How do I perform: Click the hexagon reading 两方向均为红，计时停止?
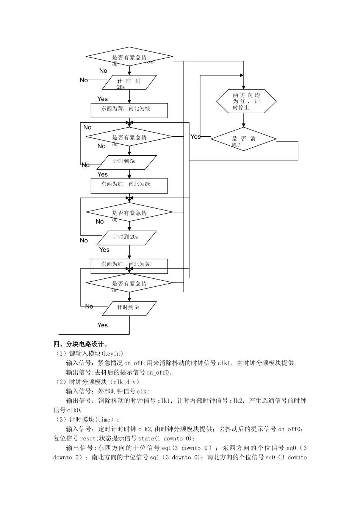(246, 101)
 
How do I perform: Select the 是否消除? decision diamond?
(243, 139)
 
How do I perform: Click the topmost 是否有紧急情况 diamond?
(129, 57)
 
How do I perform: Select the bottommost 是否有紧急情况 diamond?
(129, 283)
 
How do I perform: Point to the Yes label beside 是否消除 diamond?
(196, 137)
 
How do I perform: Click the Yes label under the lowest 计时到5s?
(102, 325)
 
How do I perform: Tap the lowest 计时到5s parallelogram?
(129, 308)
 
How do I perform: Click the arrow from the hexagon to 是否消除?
(244, 120)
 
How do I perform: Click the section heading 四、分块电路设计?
(81, 344)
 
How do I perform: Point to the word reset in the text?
(88, 439)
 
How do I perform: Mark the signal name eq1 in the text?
(166, 448)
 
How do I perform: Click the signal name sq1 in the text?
(154, 457)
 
